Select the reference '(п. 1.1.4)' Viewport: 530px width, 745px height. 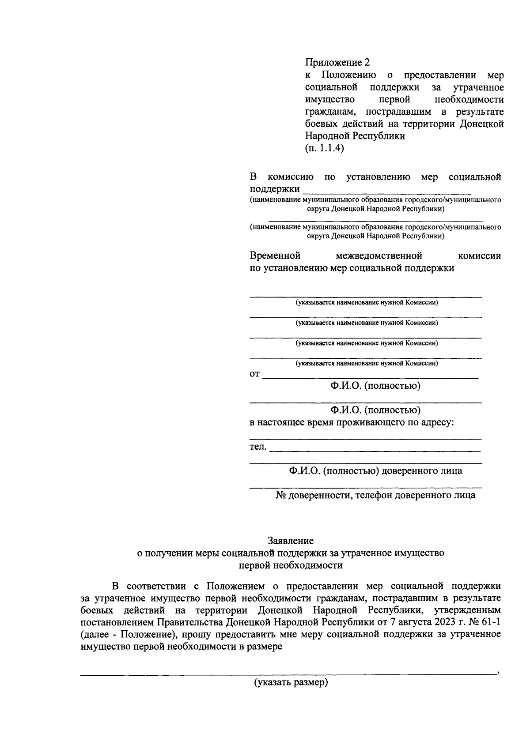pyautogui.click(x=324, y=148)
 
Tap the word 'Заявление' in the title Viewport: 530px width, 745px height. pyautogui.click(x=291, y=540)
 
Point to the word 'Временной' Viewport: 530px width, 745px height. pyautogui.click(x=275, y=256)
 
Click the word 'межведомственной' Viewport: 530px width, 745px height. pyautogui.click(x=379, y=256)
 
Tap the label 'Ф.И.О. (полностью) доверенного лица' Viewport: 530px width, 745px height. pyautogui.click(x=375, y=470)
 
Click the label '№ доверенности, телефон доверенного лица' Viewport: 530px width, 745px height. pyautogui.click(x=375, y=495)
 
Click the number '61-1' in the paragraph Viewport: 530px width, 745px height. pyautogui.click(x=490, y=622)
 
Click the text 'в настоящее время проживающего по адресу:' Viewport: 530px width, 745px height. pyautogui.click(x=352, y=422)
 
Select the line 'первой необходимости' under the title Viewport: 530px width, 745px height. pyautogui.click(x=291, y=565)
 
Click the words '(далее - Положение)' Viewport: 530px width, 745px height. pyautogui.click(x=129, y=635)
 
